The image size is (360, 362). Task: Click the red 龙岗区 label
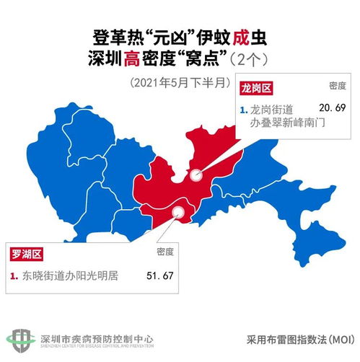[258, 87]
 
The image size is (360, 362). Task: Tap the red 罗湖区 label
[27, 253]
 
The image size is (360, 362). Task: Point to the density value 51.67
[160, 275]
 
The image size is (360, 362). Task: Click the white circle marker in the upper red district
[195, 174]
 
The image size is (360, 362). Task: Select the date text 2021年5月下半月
[180, 81]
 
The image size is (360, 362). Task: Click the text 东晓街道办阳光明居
[69, 275]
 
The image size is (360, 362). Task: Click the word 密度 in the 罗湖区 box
[165, 252]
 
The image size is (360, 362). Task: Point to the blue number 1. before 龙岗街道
[243, 109]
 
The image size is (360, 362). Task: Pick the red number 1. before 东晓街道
[14, 275]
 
